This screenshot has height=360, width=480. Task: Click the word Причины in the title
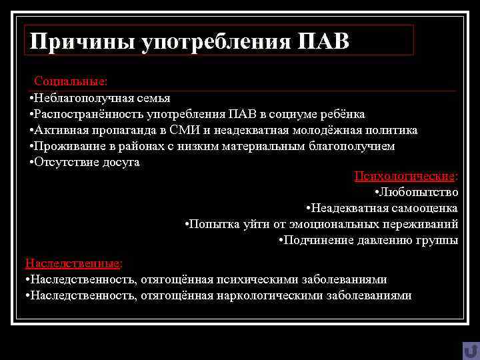click(x=82, y=41)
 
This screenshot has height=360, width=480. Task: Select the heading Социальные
click(x=70, y=81)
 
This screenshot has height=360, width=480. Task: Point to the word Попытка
click(x=212, y=224)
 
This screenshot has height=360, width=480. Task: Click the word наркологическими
click(x=270, y=295)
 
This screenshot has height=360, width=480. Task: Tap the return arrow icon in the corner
click(x=471, y=351)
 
